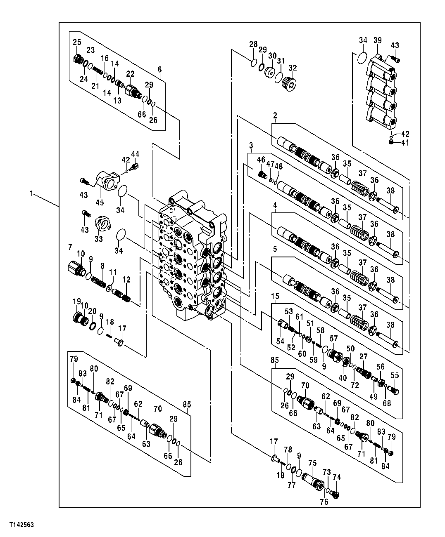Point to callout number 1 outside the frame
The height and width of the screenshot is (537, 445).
[x=32, y=193]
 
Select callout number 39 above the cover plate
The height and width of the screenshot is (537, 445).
[x=378, y=40]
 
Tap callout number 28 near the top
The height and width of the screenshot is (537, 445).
[x=253, y=44]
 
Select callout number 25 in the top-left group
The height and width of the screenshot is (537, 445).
[x=77, y=42]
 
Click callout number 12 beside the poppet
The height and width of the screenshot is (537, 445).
[x=126, y=280]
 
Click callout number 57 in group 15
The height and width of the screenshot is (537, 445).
[x=333, y=338]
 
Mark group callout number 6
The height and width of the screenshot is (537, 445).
[x=159, y=70]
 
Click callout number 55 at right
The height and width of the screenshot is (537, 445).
[x=395, y=375]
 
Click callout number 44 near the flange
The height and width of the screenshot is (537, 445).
[x=135, y=154]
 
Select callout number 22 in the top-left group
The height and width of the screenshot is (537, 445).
[x=130, y=74]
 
